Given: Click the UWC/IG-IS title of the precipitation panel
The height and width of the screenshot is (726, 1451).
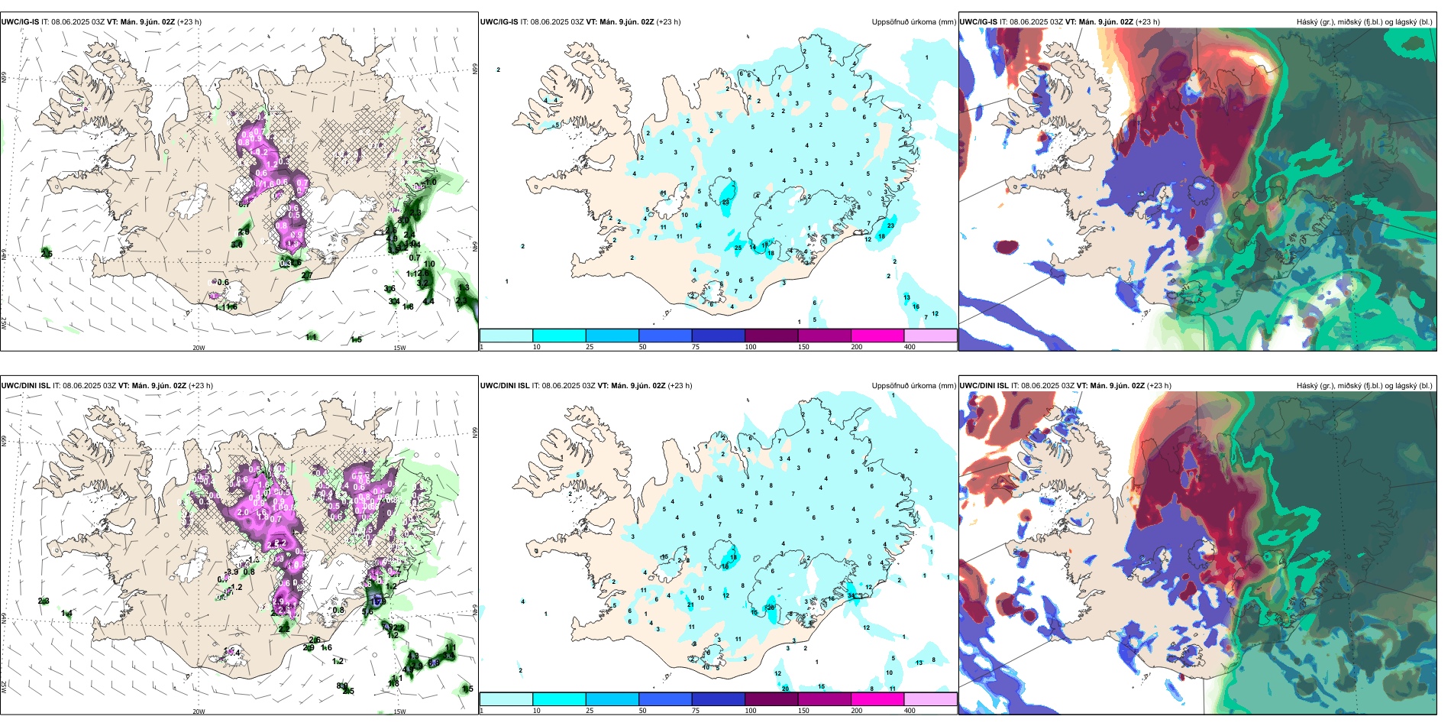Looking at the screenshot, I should pos(499,22).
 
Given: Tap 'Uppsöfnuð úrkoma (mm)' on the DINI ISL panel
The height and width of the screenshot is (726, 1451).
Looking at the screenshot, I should pos(913,386).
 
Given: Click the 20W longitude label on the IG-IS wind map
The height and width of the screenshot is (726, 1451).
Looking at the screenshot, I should pos(199,348).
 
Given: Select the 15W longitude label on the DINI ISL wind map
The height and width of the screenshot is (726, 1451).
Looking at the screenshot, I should pos(399,711).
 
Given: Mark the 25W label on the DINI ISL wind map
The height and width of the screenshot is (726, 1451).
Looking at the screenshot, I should pos(4,688).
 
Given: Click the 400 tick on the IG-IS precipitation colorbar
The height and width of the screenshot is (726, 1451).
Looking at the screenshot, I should pos(910,347).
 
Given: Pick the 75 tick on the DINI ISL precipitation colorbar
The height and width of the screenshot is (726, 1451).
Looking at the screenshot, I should pos(696,711).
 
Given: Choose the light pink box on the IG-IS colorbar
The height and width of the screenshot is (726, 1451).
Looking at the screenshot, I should pos(930,335).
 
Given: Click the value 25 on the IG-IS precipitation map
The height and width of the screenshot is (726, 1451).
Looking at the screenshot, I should pos(738,248).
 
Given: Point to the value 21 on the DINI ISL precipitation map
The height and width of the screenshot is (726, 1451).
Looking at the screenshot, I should pos(690,605).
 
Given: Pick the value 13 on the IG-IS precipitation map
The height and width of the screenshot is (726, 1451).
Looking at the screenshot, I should pos(906,297).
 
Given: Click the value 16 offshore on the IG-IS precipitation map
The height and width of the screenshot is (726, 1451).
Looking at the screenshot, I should pos(916,306).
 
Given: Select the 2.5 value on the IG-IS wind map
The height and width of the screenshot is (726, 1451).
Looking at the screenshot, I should pos(47,254).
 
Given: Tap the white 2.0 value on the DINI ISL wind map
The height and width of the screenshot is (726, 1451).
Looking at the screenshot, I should pos(243,512).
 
